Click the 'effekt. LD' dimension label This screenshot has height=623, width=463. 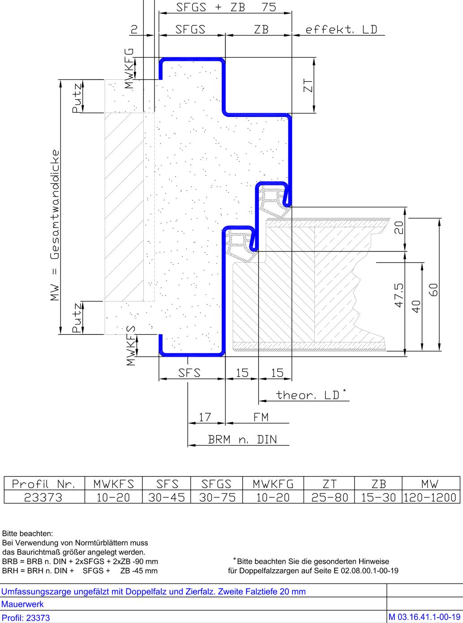coord(341,30)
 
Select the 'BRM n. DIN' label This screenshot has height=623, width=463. coord(242,439)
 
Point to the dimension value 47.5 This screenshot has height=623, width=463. coord(399,295)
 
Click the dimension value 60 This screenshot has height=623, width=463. coord(433,290)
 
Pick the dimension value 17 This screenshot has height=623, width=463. coord(205,417)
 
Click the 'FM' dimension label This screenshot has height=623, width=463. coord(261,417)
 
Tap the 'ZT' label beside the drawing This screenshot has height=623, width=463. coord(308,86)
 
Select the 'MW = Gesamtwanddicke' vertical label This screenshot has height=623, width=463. coord(55,225)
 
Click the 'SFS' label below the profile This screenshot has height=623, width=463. coord(189,373)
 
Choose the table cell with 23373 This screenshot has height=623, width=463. coord(43,498)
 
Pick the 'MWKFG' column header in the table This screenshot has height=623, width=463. coord(273,484)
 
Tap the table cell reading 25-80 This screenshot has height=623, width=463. coord(330,498)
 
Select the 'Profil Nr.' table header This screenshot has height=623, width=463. coord(43,484)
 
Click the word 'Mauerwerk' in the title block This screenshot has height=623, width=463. coord(22,604)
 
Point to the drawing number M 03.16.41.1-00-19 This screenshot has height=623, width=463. coord(424,617)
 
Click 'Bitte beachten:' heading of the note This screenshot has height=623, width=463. coord(27,533)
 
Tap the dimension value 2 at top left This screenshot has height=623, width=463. coord(134,30)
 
